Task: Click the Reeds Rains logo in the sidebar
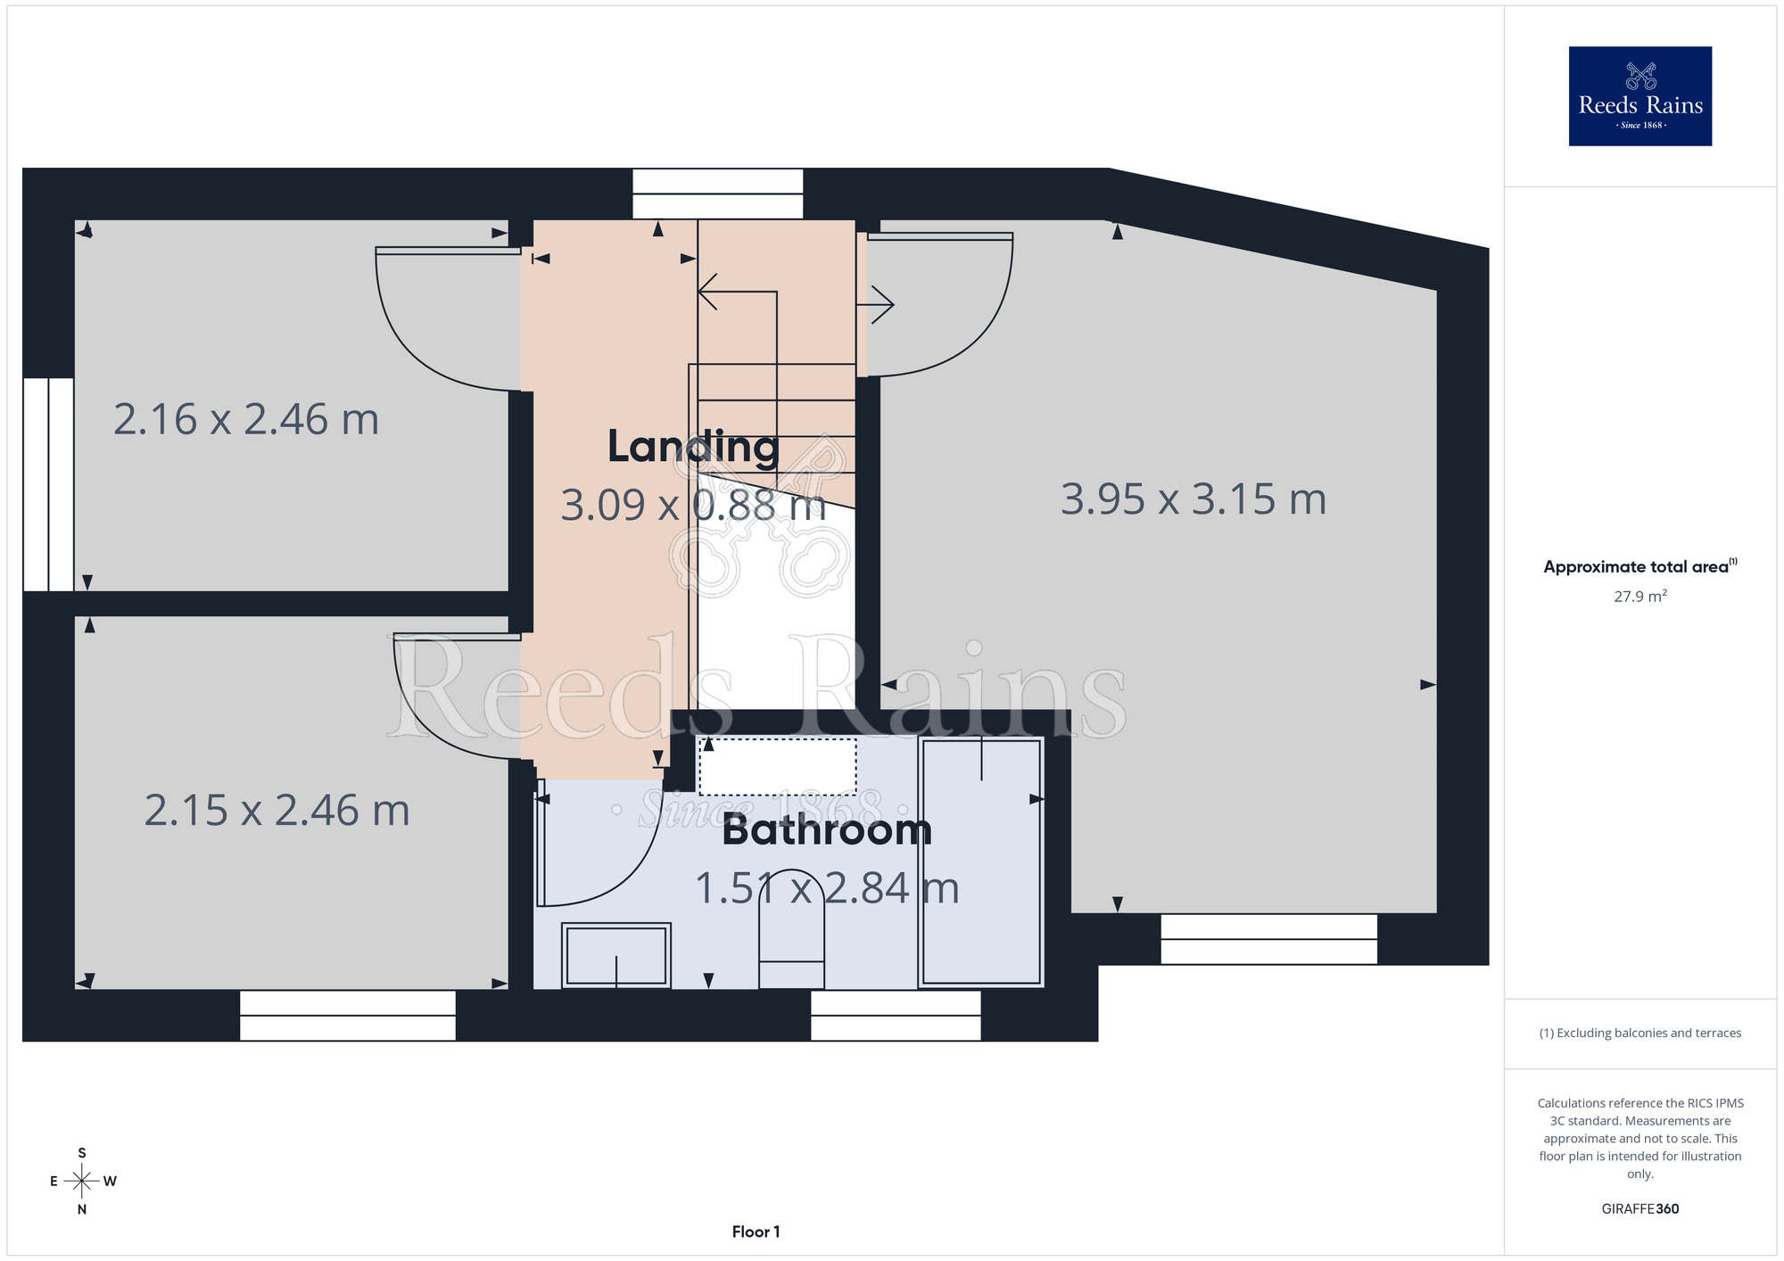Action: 1639,96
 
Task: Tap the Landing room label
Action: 693,447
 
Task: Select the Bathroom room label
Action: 827,830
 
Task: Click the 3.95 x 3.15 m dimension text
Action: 1193,499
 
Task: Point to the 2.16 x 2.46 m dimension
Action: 246,419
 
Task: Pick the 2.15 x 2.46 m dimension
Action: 277,811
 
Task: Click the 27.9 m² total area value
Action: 1639,596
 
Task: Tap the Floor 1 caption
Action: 756,1232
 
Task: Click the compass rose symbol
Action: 82,1182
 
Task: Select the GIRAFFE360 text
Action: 1639,1209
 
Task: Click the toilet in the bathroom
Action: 791,928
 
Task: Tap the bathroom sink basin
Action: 616,956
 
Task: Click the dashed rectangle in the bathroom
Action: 778,766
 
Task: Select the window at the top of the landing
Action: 718,194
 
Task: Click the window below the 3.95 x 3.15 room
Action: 1268,939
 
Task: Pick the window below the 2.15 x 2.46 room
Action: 348,1016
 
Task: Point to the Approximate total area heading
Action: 1639,566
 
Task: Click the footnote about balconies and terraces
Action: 1639,1033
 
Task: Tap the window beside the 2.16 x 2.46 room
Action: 48,484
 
